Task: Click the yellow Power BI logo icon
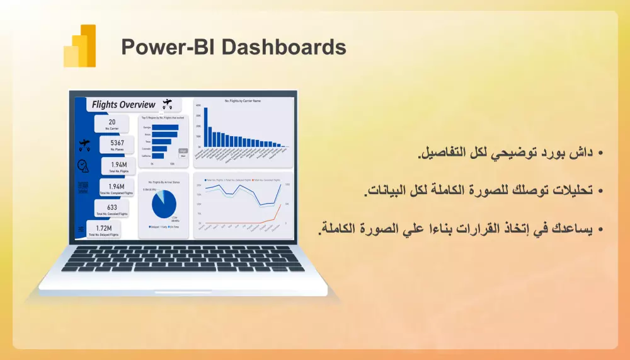80,46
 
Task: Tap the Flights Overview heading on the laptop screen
123,105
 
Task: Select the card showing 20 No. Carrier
112,125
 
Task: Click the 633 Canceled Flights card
112,209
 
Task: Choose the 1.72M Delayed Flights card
105,230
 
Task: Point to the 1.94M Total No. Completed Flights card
117,189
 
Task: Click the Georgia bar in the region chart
165,127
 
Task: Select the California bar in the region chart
158,156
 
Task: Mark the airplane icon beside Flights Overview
167,103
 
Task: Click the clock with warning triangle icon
83,166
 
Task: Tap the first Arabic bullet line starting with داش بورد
510,153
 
